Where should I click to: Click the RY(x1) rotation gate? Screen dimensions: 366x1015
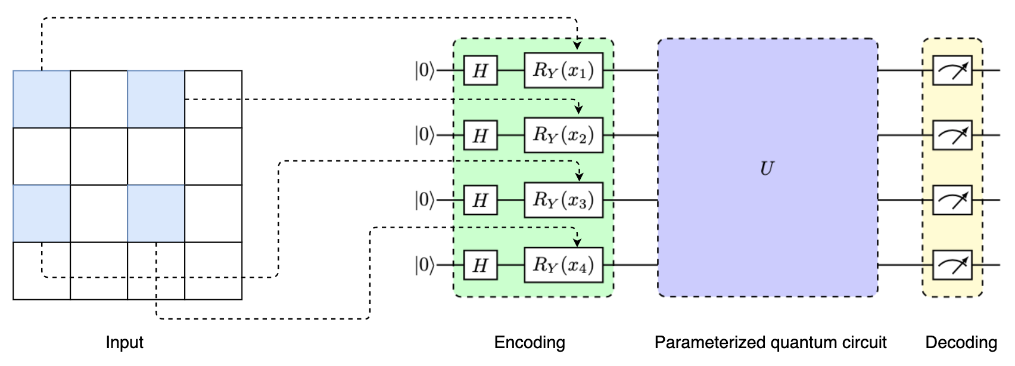pyautogui.click(x=563, y=70)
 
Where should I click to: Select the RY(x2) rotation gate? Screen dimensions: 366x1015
pyautogui.click(x=563, y=135)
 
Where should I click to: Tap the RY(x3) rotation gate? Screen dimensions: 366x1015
pyautogui.click(x=563, y=200)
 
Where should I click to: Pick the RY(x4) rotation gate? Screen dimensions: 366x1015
pyautogui.click(x=563, y=265)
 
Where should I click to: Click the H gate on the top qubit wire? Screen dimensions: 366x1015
pyautogui.click(x=480, y=70)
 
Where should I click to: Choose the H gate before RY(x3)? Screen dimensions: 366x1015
pyautogui.click(x=480, y=200)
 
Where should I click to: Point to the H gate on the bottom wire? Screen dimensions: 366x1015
pyautogui.click(x=480, y=265)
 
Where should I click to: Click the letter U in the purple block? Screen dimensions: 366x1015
pyautogui.click(x=767, y=169)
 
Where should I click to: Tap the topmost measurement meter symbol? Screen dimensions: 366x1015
pyautogui.click(x=952, y=70)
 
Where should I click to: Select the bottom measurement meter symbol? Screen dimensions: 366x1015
pyautogui.click(x=952, y=265)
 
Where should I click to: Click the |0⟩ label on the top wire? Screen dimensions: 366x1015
pyautogui.click(x=424, y=70)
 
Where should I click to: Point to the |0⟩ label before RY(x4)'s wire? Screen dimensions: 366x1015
pyautogui.click(x=424, y=265)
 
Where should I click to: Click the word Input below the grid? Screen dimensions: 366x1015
pyautogui.click(x=124, y=342)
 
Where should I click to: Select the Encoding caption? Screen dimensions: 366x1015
pyautogui.click(x=530, y=342)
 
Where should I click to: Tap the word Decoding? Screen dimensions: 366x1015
pyautogui.click(x=961, y=342)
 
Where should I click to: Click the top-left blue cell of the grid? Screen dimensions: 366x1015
pyautogui.click(x=42, y=99)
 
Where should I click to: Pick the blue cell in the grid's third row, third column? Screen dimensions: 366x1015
pyautogui.click(x=156, y=213)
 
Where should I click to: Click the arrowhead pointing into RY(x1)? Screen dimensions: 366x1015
pyautogui.click(x=577, y=45)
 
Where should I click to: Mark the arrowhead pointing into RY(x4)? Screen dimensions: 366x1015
pyautogui.click(x=577, y=242)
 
